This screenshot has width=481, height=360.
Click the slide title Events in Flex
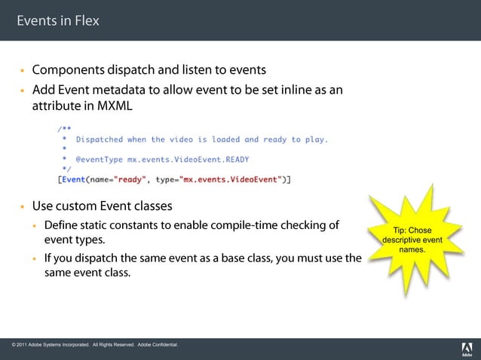pyautogui.click(x=58, y=20)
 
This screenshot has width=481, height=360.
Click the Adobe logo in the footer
pyautogui.click(x=466, y=348)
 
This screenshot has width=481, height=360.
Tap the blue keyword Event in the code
pyautogui.click(x=74, y=179)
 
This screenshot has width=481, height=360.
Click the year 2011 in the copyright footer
pyautogui.click(x=27, y=345)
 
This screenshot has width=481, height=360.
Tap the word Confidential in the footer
pyautogui.click(x=163, y=345)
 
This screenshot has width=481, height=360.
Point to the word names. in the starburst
pyautogui.click(x=412, y=249)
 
